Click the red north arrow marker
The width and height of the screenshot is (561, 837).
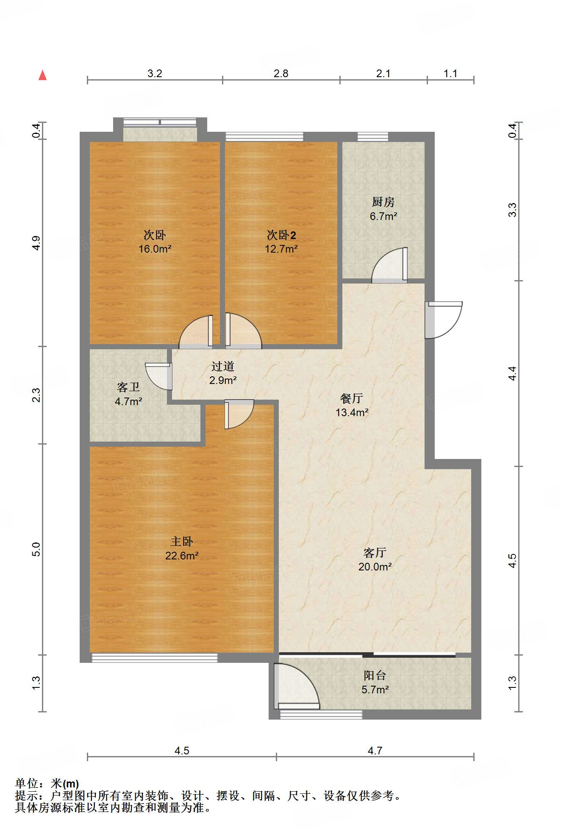click(42, 75)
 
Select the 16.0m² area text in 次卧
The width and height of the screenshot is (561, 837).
click(155, 249)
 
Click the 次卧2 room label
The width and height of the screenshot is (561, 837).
click(281, 235)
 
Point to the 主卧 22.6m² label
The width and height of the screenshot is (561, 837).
click(182, 548)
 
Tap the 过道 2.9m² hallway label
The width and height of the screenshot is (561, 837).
click(223, 373)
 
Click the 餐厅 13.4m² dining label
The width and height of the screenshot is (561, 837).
click(352, 405)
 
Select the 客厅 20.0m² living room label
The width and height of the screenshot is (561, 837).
click(375, 559)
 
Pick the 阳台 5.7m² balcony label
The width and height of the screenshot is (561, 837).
click(375, 682)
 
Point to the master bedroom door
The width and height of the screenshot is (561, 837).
click(239, 414)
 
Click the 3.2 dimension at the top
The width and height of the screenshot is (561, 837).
click(155, 74)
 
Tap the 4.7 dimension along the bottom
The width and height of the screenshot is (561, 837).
click(375, 751)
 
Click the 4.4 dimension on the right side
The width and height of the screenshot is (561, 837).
click(512, 373)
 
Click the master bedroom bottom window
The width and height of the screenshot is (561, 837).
click(154, 658)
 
